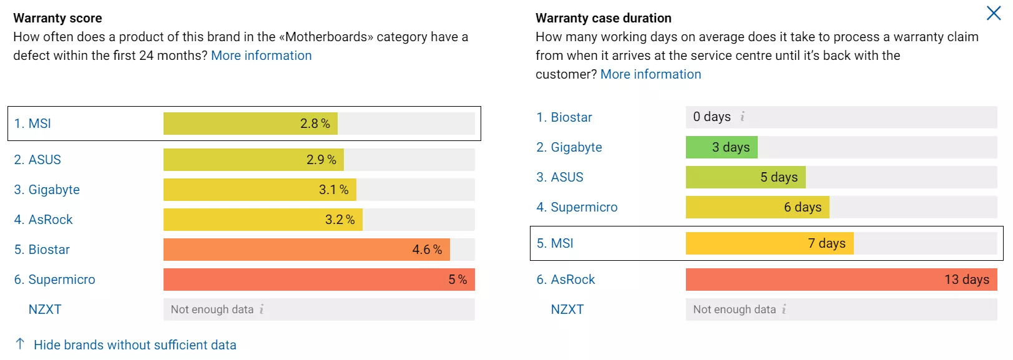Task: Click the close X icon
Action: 993,13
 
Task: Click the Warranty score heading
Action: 57,18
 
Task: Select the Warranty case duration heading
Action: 603,18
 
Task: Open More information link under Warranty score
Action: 261,56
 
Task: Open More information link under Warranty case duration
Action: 650,74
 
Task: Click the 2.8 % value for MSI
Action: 315,124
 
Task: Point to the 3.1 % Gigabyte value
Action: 333,190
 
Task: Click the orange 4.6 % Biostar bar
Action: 306,250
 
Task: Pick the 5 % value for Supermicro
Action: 457,280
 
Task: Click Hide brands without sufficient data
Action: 134,345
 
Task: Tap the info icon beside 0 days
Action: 742,117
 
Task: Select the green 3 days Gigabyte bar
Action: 721,147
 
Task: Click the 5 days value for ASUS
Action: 778,177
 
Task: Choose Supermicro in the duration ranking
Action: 584,207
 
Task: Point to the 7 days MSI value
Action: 826,243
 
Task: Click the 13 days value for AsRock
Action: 966,280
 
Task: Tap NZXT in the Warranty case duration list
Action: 567,309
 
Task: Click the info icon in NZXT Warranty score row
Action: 262,309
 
